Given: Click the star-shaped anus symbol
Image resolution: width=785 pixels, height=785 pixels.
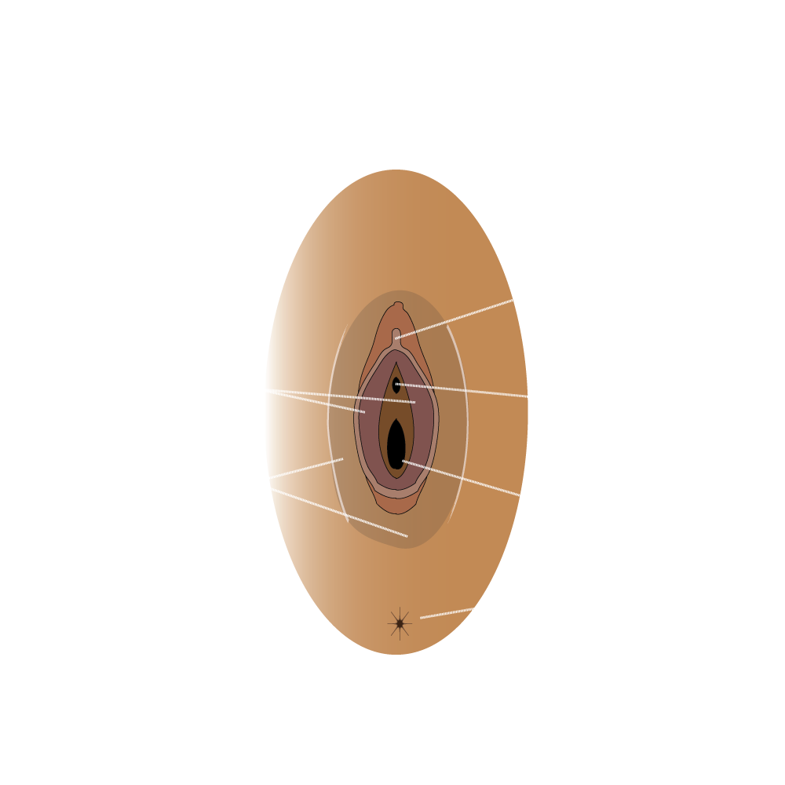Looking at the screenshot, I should tap(400, 624).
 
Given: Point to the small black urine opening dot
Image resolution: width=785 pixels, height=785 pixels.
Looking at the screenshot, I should tap(397, 385).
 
